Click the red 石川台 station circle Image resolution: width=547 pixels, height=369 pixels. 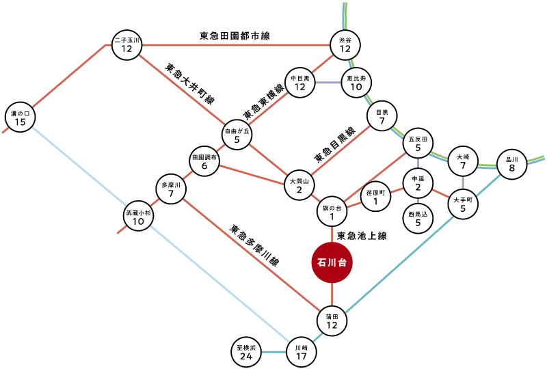coord(331,262)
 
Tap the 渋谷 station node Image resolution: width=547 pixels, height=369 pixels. coord(345,46)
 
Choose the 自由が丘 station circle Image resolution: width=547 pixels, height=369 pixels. coord(237,135)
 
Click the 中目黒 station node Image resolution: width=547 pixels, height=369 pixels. coord(299,83)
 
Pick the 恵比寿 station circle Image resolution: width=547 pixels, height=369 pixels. coord(356,83)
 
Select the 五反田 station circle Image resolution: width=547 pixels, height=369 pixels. coord(418,144)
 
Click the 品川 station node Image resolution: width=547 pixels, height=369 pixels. coord(512,164)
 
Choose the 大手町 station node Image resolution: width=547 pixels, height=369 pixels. coord(463,204)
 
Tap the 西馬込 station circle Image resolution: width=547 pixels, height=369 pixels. coord(418,218)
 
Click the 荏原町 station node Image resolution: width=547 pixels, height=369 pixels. coord(375,197)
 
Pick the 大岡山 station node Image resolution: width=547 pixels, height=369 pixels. coord(299,185)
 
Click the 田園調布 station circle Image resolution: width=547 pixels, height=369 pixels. coord(204,162)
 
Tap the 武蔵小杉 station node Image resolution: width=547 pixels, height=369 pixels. coord(138,217)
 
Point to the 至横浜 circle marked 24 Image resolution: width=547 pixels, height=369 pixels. coord(246,352)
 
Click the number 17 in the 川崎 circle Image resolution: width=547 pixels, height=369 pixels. coord(301,356)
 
